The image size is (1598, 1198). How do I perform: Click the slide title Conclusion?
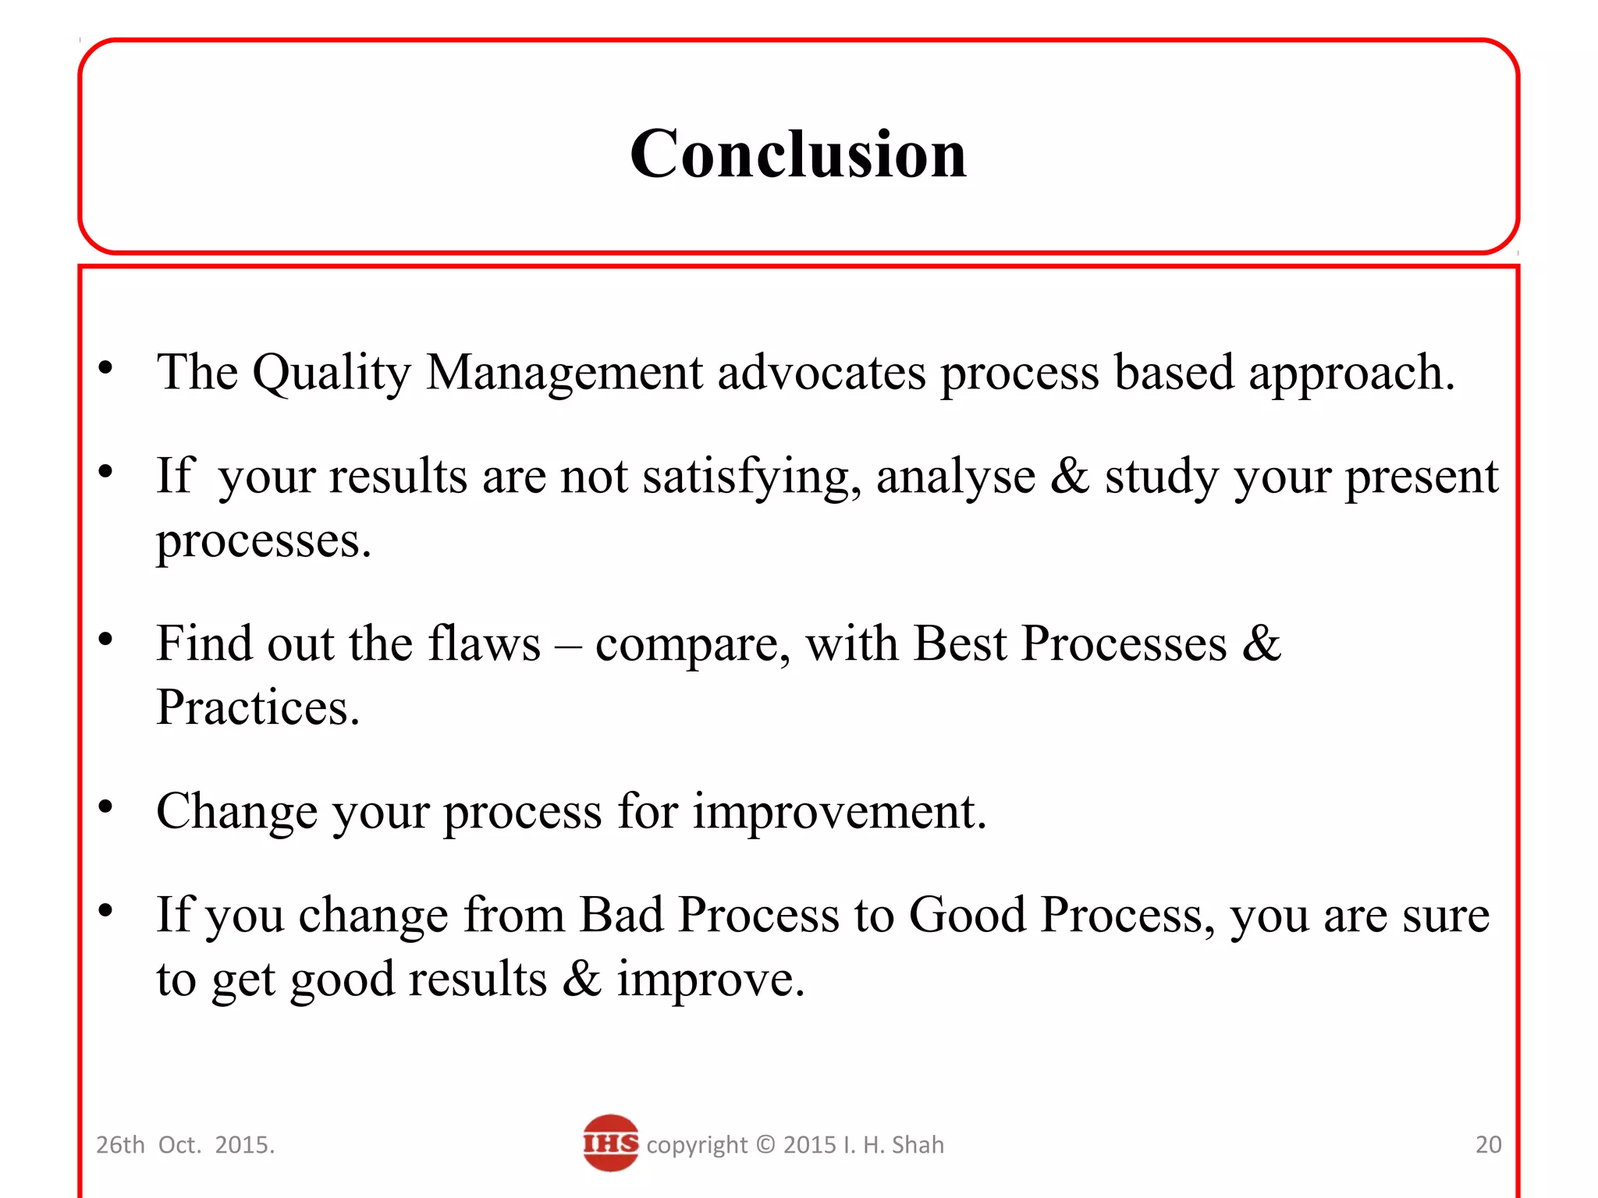797,154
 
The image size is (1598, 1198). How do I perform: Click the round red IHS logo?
610,1143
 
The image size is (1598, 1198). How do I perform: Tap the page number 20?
1488,1144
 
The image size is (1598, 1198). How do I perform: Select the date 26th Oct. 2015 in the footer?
185,1144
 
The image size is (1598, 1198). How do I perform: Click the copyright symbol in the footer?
765,1144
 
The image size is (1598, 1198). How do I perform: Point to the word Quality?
331,373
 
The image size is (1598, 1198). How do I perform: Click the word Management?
564,373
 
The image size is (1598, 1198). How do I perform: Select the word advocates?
821,373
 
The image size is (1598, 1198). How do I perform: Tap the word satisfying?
751,477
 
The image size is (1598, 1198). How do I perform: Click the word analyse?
955,477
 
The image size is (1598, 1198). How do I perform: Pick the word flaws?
484,644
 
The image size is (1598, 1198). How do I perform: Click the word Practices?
257,708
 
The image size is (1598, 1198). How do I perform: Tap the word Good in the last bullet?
967,915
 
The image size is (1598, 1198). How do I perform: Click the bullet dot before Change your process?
106,806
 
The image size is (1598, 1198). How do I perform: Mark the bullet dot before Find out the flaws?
106,640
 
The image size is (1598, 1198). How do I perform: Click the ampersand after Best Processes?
1262,644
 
